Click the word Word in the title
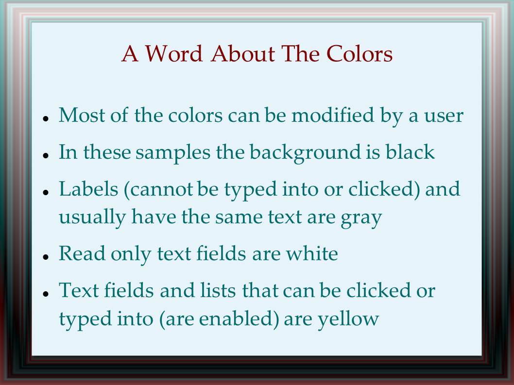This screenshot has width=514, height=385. [173, 53]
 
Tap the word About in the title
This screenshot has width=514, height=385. [243, 53]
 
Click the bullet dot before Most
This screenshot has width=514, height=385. [46, 118]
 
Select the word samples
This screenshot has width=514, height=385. [173, 153]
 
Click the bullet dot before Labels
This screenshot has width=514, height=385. [46, 192]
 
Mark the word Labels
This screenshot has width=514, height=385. [88, 189]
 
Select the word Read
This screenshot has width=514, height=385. [82, 253]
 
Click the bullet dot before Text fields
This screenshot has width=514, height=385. [46, 293]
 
